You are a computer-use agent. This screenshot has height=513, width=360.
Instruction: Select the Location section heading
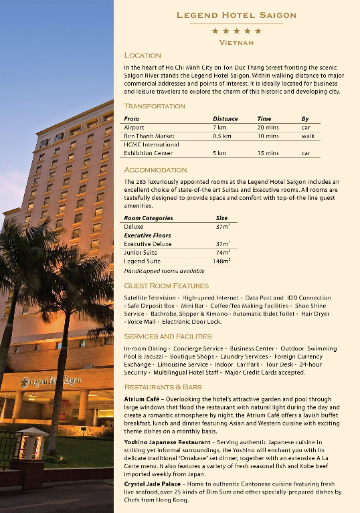[x=143, y=56]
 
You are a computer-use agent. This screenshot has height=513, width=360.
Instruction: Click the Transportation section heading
[x=155, y=106]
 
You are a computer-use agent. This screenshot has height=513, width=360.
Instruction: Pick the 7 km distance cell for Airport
[x=219, y=127]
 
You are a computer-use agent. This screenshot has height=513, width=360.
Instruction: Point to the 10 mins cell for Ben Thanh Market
[x=268, y=136]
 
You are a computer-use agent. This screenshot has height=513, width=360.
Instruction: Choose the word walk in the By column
[x=308, y=136]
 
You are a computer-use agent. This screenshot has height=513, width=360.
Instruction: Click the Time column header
[x=264, y=118]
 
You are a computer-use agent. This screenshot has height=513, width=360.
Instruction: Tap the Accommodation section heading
[x=155, y=170]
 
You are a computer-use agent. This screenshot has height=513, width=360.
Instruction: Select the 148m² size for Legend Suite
[x=223, y=262]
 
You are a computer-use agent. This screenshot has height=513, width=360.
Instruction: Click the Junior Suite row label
[x=141, y=253]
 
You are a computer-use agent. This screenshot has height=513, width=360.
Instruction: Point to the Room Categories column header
[x=149, y=218]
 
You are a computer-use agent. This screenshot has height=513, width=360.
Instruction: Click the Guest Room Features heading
[x=166, y=286]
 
